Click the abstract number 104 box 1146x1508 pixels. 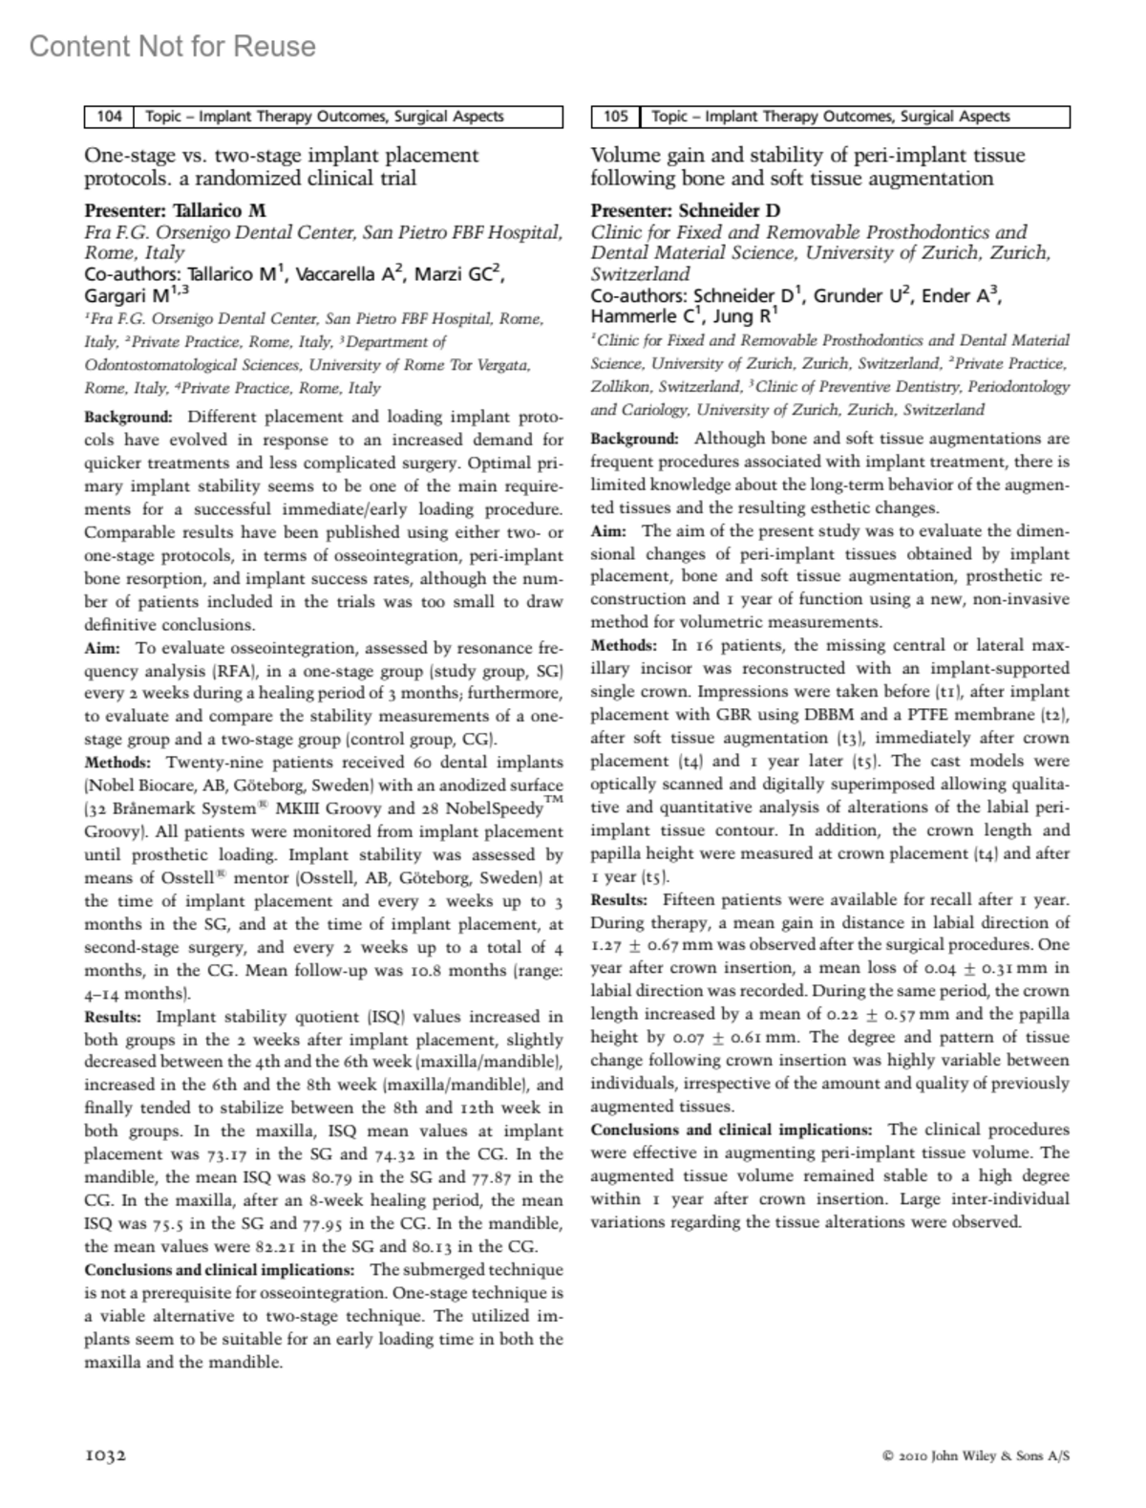109,117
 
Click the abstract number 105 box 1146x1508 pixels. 616,117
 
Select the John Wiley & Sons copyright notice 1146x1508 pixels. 976,1456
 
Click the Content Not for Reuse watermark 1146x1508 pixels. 172,46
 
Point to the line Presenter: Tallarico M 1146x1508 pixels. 176,210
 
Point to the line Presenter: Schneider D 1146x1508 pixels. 685,210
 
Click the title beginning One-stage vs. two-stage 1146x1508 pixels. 282,166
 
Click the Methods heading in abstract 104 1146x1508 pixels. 117,763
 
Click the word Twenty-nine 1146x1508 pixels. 211,763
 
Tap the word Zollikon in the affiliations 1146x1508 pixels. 621,387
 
